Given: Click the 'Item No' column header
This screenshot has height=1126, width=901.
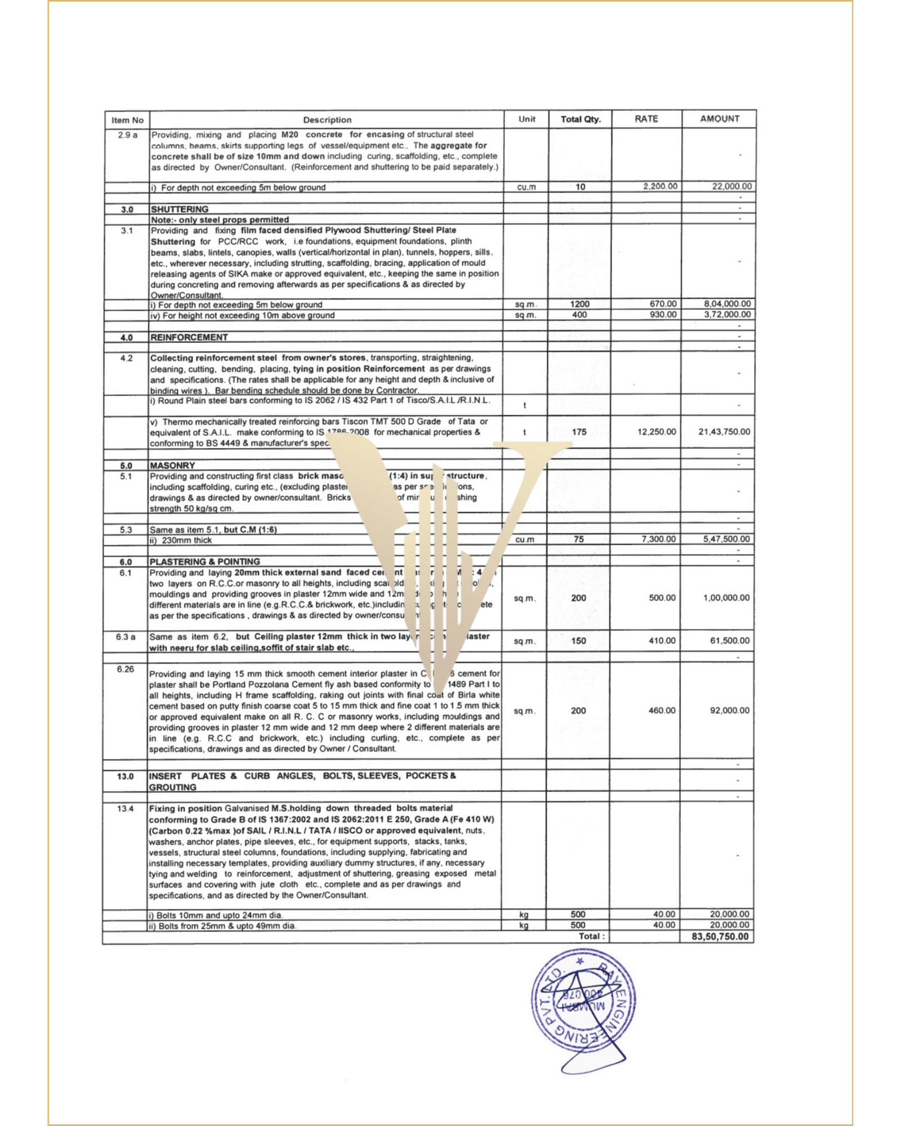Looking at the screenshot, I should pyautogui.click(x=127, y=120).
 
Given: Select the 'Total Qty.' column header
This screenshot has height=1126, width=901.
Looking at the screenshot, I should pyautogui.click(x=581, y=119).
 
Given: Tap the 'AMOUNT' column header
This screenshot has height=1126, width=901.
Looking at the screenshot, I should pyautogui.click(x=720, y=119).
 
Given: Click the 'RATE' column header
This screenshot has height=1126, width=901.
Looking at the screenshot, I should pyautogui.click(x=646, y=119).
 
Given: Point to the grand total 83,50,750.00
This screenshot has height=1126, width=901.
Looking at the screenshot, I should pyautogui.click(x=720, y=936).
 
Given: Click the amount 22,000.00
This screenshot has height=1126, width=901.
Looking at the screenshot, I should pyautogui.click(x=731, y=186).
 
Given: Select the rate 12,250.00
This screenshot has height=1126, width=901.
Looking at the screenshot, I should pyautogui.click(x=657, y=432).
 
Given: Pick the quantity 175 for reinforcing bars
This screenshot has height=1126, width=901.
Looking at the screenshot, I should pyautogui.click(x=579, y=432).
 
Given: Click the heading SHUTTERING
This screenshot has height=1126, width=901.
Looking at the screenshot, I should pyautogui.click(x=180, y=209).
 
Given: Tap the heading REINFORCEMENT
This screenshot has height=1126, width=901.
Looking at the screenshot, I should pyautogui.click(x=189, y=337).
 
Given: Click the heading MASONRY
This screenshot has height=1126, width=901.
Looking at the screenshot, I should pyautogui.click(x=172, y=466).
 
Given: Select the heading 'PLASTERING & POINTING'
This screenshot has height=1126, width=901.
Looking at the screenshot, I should pyautogui.click(x=205, y=561).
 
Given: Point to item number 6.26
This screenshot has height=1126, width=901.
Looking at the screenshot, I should pyautogui.click(x=126, y=669).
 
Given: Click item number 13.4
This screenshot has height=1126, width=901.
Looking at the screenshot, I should pyautogui.click(x=126, y=808).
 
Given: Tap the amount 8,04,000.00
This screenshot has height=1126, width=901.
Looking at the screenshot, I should pyautogui.click(x=727, y=304).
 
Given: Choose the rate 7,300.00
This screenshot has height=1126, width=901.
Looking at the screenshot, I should pyautogui.click(x=658, y=539).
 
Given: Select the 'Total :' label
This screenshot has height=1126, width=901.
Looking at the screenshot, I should pyautogui.click(x=591, y=936).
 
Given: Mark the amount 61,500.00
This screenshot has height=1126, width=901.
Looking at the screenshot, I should pyautogui.click(x=730, y=641).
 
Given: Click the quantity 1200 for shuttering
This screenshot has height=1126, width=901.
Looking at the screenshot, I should pyautogui.click(x=579, y=304).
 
